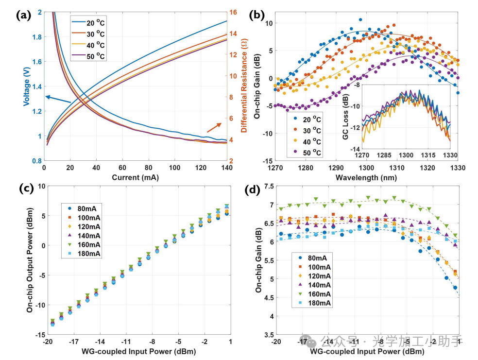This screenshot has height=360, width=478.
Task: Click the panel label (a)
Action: [23, 15]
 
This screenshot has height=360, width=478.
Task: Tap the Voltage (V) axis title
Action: [28, 86]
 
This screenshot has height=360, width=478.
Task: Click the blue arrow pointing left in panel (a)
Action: [57, 100]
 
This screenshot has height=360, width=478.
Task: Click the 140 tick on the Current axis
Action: [226, 168]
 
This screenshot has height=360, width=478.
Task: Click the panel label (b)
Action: [256, 15]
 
